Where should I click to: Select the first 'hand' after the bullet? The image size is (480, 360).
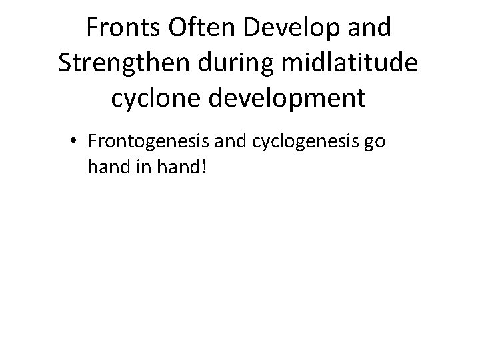[x=106, y=167]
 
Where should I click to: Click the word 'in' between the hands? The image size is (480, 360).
[x=139, y=167]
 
